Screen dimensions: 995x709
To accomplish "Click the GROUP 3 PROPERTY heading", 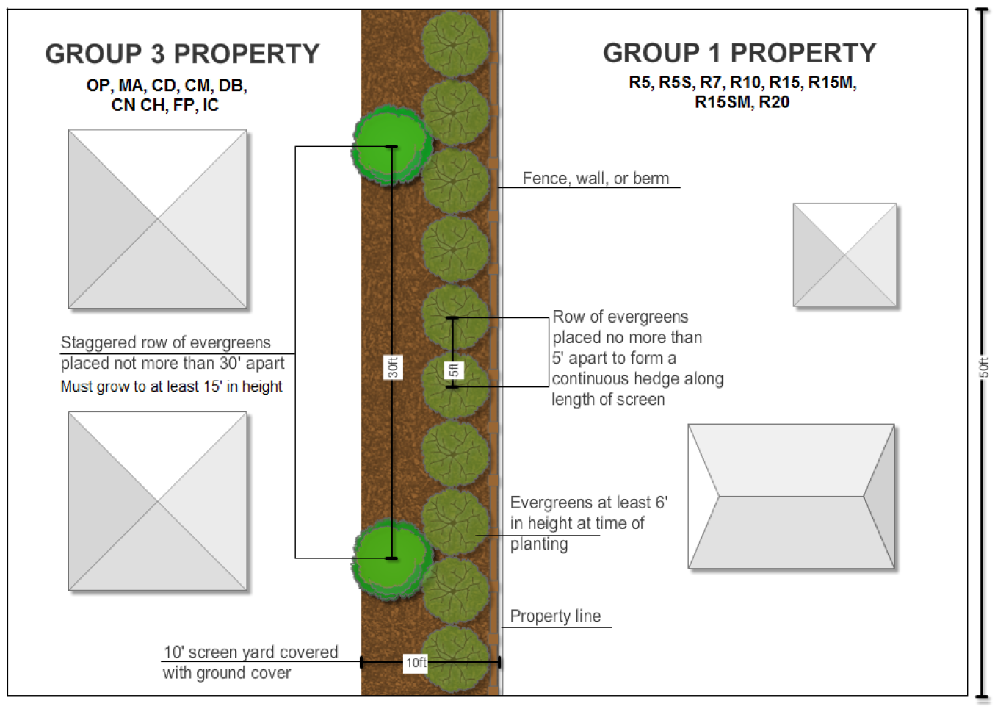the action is click(x=182, y=54).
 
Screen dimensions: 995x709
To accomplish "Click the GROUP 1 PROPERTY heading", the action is click(x=739, y=53).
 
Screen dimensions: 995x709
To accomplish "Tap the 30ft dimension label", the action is click(x=393, y=367).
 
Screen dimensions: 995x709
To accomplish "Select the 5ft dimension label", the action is click(x=454, y=370).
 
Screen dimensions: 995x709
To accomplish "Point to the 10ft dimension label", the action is click(x=416, y=663).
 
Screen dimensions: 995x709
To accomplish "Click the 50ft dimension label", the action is click(x=983, y=367).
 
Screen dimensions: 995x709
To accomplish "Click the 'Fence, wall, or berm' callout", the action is click(x=596, y=179).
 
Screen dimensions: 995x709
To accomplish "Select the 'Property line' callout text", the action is click(x=555, y=616).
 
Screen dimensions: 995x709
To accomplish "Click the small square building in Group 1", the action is click(x=844, y=255).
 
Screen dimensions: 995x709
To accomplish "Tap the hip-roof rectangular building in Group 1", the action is click(x=791, y=496).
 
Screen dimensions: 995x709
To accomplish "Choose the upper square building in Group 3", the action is click(x=157, y=219).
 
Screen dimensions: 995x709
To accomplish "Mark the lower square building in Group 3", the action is click(x=157, y=501).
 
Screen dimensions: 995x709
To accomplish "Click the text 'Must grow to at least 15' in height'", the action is click(x=171, y=386).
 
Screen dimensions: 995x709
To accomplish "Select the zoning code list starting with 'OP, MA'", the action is click(x=166, y=96).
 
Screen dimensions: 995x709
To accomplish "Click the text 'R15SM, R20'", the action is click(x=742, y=102).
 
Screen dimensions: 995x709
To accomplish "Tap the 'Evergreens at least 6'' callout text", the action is click(x=588, y=503).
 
